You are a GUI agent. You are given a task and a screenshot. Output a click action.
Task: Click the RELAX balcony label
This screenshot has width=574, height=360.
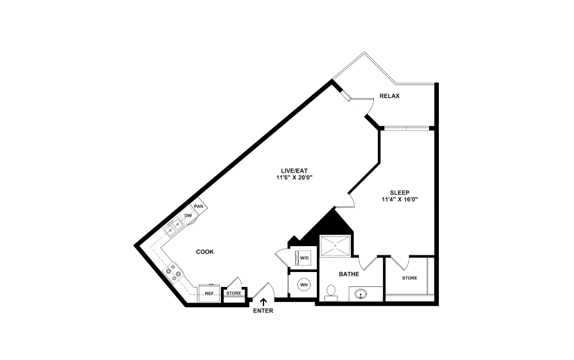coord(389,96)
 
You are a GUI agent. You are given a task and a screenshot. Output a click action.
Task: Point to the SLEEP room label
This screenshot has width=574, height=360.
coord(399,193)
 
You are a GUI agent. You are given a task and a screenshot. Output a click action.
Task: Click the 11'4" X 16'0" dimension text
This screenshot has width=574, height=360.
coord(399,200)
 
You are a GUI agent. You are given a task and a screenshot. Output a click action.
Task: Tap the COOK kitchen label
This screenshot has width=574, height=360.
coord(205,252)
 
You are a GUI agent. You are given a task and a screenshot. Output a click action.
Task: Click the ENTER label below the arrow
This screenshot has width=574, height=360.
coord(263,311)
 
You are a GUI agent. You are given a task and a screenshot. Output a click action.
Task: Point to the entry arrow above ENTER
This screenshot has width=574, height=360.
coord(263,301)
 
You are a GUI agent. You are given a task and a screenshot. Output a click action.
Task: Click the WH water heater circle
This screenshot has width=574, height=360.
coord(303,284)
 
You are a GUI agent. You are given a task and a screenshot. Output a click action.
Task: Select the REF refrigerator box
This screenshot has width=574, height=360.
coord(209,293)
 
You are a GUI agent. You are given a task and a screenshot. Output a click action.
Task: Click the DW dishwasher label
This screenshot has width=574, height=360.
coord(188,216)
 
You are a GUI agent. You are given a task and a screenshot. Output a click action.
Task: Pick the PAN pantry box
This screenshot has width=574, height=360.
coord(198,206)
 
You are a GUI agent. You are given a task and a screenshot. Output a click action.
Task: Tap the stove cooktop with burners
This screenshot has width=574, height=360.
coord(174,272)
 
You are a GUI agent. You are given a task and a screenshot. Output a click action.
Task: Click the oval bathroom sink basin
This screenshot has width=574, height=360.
coord(362,293)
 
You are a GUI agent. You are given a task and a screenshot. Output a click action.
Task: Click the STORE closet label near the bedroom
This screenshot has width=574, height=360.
coord(409,278)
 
